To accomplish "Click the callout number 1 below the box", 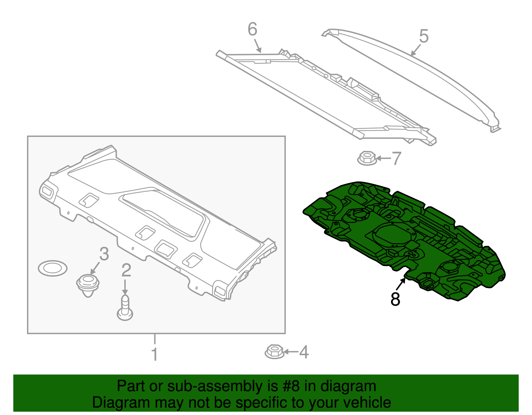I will [154, 354].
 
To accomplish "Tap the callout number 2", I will [126, 270].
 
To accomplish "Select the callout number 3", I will [104, 254].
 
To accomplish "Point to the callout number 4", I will [304, 352].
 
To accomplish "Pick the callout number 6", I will [252, 29].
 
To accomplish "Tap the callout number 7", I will [396, 158].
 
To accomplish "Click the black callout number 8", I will [395, 299].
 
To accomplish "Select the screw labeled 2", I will [125, 308].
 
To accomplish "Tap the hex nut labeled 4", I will [275, 352].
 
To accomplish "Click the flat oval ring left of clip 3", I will [53, 268].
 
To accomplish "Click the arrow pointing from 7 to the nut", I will [383, 158].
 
